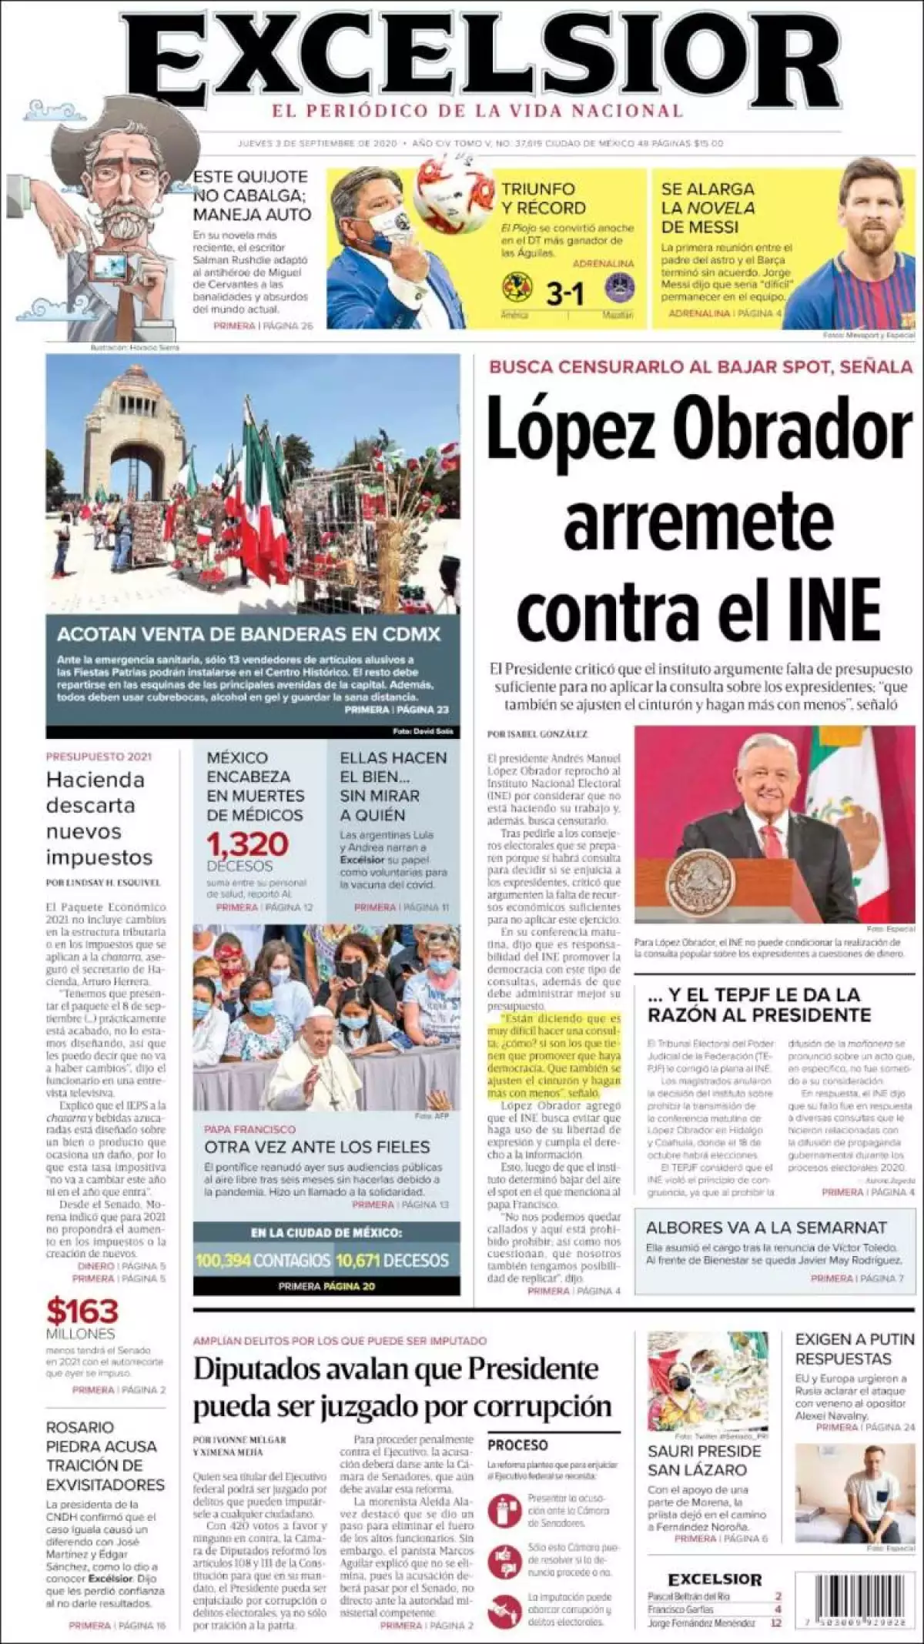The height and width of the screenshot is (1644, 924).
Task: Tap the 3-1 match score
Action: click(x=564, y=294)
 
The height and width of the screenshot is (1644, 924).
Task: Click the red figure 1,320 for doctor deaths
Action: click(x=247, y=844)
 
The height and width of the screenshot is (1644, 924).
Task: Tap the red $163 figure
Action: click(x=82, y=1311)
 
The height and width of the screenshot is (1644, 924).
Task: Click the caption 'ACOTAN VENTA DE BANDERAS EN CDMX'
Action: click(x=249, y=634)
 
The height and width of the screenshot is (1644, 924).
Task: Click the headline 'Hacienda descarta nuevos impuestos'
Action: click(x=99, y=817)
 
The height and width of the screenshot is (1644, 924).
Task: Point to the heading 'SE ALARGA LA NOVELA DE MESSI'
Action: click(x=708, y=208)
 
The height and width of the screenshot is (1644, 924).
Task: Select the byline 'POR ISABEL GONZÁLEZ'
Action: click(x=537, y=733)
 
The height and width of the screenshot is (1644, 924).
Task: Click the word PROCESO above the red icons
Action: click(x=517, y=1445)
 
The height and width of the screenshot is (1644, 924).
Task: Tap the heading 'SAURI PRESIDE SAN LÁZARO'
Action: click(x=704, y=1460)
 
